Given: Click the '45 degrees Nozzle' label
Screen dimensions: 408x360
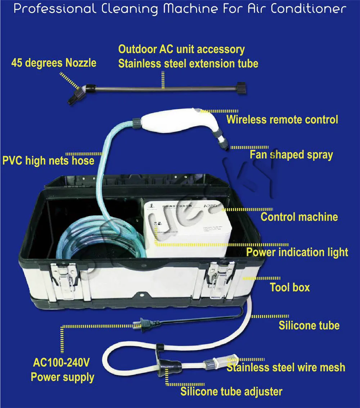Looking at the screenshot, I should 54,63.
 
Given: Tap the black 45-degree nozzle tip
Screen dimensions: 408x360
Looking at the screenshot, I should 74,97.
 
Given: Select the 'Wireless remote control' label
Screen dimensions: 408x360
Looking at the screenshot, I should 282,119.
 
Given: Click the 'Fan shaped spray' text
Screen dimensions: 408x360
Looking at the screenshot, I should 291,155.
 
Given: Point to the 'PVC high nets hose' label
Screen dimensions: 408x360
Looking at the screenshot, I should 48,160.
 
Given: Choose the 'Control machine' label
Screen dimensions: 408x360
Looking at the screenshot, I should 299,217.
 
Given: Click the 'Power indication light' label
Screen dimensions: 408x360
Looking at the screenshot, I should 297,252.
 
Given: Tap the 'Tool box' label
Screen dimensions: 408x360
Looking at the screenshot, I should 290,287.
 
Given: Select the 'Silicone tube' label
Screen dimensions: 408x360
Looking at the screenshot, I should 309,326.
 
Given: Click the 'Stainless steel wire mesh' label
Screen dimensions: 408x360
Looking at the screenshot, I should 285,367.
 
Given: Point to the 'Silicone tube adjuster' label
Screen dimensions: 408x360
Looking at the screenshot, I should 231,391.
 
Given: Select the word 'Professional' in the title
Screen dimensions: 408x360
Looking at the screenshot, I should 54,9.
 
